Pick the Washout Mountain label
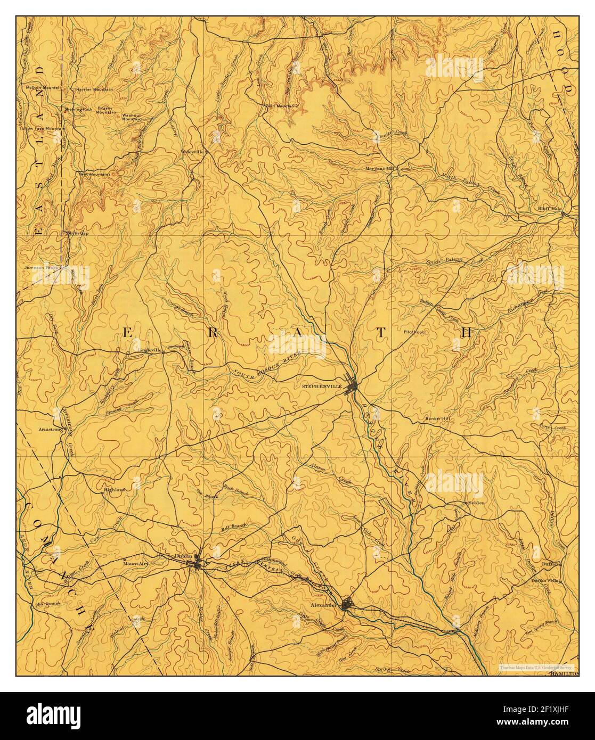pyautogui.click(x=131, y=117)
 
